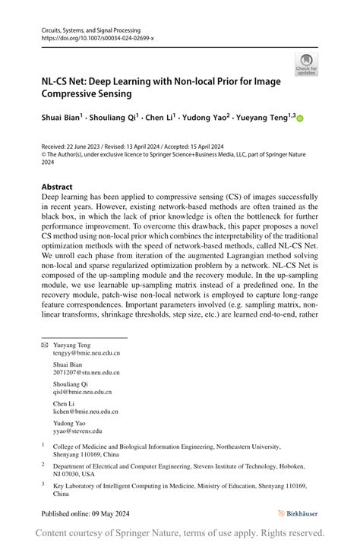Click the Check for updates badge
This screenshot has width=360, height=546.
coord(306,65)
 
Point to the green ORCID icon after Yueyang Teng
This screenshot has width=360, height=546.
coord(300,118)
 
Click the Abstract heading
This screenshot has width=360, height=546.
coord(57,187)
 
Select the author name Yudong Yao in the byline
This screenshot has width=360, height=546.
coord(207,118)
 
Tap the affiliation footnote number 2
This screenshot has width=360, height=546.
coord(43,463)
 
